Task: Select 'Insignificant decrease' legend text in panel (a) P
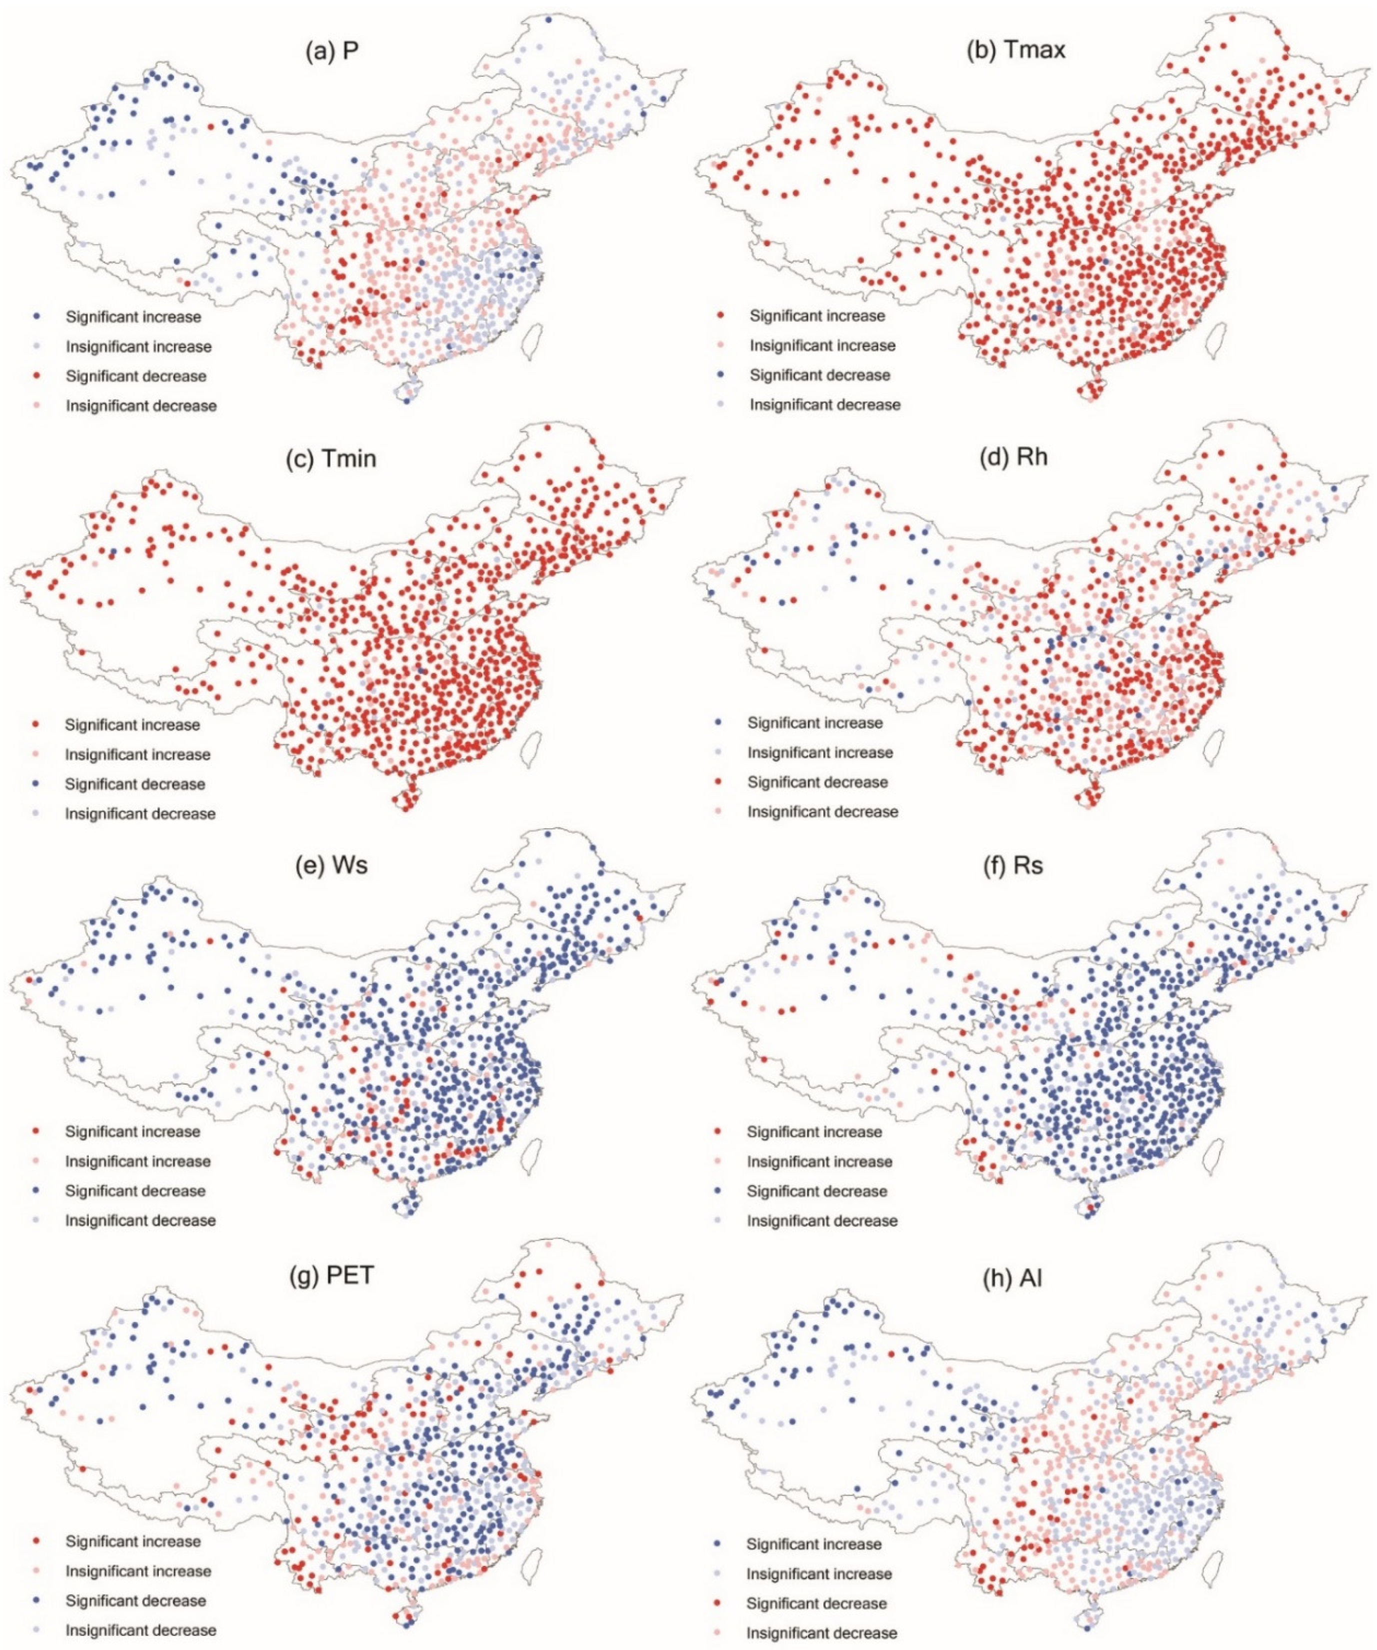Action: [141, 406]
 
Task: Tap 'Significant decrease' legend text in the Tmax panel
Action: [820, 375]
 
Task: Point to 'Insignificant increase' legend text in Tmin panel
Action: [137, 754]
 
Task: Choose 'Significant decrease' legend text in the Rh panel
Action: [817, 782]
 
